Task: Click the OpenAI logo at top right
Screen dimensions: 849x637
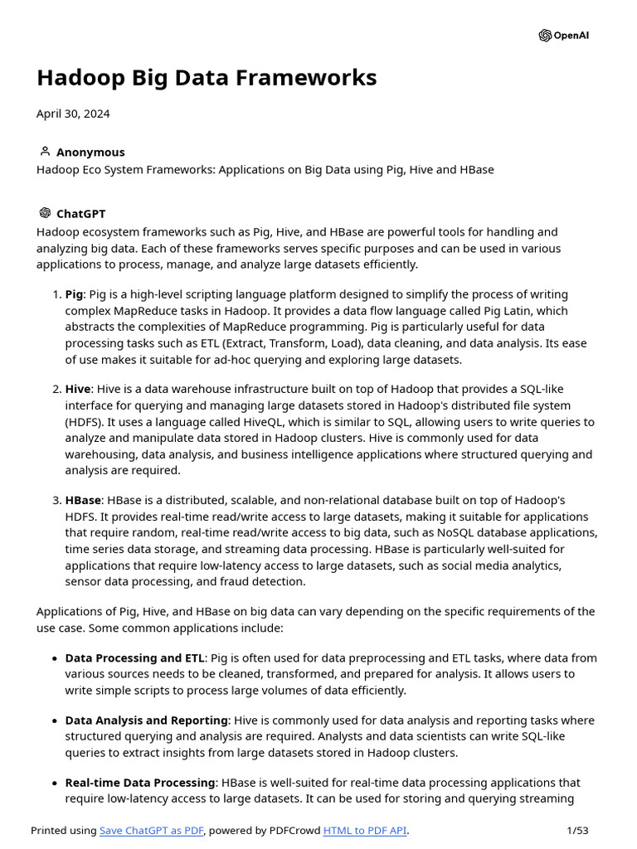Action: click(564, 36)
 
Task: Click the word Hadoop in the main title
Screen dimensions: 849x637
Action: click(81, 78)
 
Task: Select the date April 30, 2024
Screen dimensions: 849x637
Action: click(73, 114)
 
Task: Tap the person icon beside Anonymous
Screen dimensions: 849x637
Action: click(45, 152)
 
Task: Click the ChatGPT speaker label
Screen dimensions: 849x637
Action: click(80, 214)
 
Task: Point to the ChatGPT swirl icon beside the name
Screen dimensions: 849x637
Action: click(45, 214)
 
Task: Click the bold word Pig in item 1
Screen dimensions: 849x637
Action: click(75, 295)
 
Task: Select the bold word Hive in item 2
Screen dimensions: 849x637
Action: click(78, 390)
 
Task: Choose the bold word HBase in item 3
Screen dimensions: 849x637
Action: click(83, 501)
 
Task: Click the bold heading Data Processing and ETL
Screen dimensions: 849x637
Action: click(134, 658)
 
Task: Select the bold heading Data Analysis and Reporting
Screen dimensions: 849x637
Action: click(146, 720)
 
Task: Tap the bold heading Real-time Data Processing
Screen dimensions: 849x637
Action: click(140, 783)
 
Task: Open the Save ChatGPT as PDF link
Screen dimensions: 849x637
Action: click(151, 831)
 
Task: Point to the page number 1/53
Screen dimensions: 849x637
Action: click(577, 831)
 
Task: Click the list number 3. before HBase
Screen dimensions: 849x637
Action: click(56, 501)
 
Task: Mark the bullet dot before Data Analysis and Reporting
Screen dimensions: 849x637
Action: click(55, 721)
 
